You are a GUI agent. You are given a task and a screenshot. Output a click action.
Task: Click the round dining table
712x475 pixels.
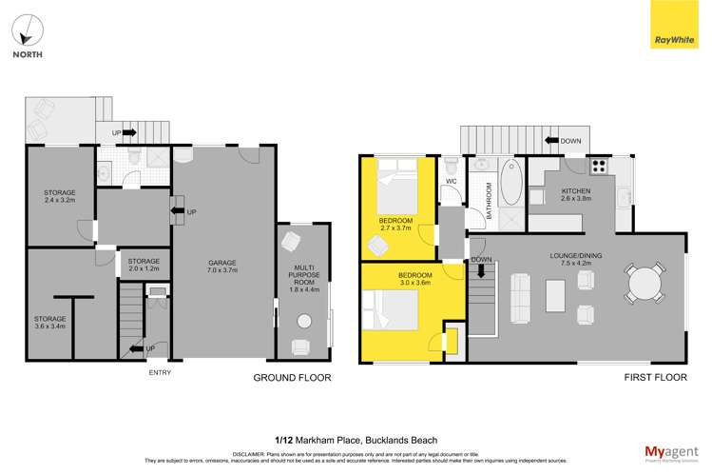[645, 284]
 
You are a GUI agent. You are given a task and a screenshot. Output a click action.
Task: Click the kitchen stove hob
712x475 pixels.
[599, 166]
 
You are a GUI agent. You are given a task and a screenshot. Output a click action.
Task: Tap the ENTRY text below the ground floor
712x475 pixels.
[160, 372]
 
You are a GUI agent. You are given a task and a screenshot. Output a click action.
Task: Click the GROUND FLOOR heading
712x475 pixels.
[291, 378]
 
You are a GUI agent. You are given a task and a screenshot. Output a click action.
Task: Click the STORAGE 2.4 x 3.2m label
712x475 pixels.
[59, 197]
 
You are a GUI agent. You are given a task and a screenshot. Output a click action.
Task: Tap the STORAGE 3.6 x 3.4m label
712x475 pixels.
[49, 324]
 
